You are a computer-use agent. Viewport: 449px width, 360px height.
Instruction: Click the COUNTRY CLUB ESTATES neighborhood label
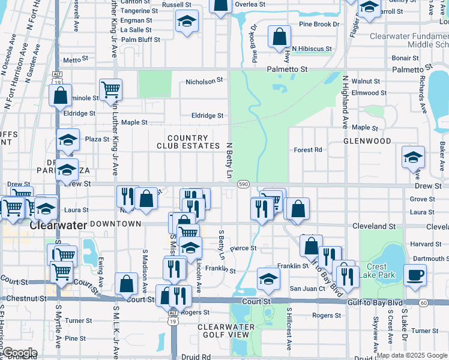pos(188,142)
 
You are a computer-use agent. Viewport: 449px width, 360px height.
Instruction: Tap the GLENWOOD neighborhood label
pos(367,141)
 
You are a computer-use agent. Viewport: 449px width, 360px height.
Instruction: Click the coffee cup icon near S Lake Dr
pos(415,275)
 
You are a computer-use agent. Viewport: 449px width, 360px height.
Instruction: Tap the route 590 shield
pos(243,184)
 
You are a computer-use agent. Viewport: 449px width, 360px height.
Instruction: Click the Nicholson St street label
pos(204,80)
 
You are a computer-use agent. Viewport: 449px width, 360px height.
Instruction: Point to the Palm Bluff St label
pos(140,40)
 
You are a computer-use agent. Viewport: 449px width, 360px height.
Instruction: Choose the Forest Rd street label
pos(308,150)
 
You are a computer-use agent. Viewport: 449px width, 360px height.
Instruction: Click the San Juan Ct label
pos(307,288)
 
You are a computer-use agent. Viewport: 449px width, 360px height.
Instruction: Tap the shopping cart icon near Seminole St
pos(110,90)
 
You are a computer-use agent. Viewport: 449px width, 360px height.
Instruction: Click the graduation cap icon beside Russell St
pos(187,22)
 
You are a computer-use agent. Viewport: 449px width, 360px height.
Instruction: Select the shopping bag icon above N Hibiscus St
pos(279,37)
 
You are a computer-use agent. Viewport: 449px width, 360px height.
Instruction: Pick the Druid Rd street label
pos(198,357)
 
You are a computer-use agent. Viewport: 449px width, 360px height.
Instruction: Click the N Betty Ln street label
pos(229,160)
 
